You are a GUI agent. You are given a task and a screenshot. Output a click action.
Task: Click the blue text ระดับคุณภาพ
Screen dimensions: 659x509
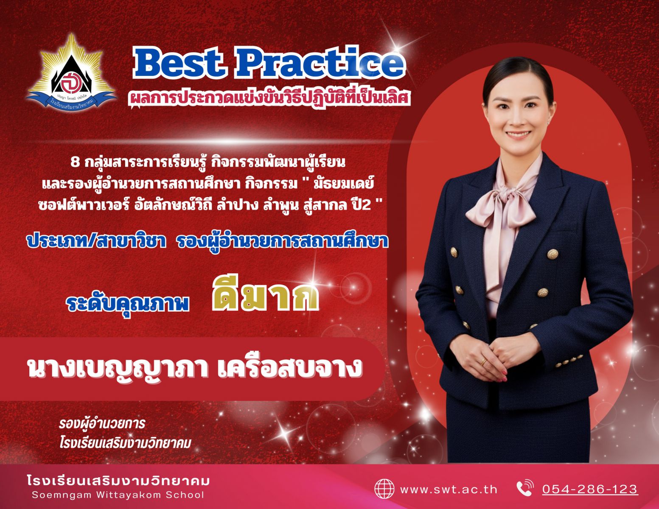tap(128, 303)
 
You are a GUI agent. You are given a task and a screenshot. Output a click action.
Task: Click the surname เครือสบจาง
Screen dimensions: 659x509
tap(290, 368)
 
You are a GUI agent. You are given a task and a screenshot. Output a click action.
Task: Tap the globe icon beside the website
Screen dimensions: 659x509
tap(384, 489)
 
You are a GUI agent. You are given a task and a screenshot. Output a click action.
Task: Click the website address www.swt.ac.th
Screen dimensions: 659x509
tap(449, 489)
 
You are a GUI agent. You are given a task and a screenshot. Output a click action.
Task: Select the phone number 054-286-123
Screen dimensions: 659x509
tap(590, 489)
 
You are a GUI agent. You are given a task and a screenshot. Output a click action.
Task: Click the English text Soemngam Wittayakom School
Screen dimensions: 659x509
tap(118, 495)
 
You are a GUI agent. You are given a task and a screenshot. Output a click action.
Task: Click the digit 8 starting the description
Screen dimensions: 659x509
tap(75, 163)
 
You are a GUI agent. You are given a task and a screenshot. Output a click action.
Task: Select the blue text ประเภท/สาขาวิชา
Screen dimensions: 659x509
tap(96, 242)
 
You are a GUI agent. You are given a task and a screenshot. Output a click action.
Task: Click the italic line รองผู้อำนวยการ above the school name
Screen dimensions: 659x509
tap(102, 424)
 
